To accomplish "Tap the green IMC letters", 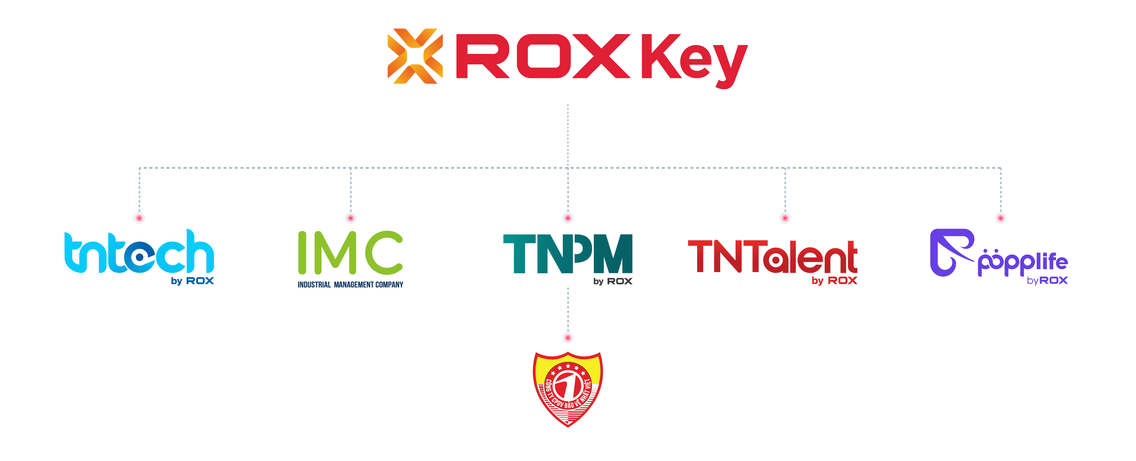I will coord(350,253).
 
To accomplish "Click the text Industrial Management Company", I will coord(350,285).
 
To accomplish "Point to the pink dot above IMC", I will coord(350,218).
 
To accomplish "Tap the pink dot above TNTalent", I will coord(785,218).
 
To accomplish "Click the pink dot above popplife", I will coord(1001,218).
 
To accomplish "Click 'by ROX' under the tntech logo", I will coord(192,281).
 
